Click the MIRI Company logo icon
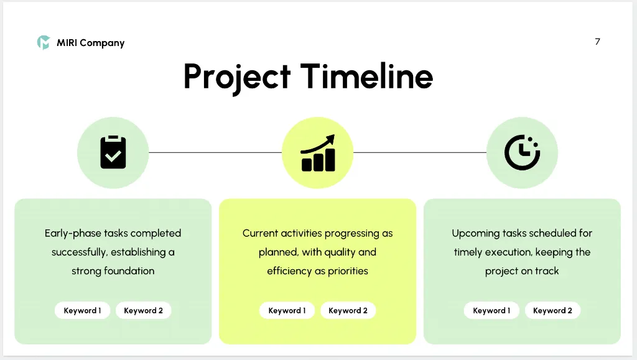44,43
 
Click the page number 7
597,42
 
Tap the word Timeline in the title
367,76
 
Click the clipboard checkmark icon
113,152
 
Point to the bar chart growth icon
318,153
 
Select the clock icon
522,152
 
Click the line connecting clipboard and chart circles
215,152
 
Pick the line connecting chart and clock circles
420,152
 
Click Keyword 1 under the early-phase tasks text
83,310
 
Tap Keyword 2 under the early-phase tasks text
144,310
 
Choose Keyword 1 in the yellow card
287,310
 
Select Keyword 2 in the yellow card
348,310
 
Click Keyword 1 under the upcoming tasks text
491,310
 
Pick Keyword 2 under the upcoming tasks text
552,310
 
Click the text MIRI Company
91,43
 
